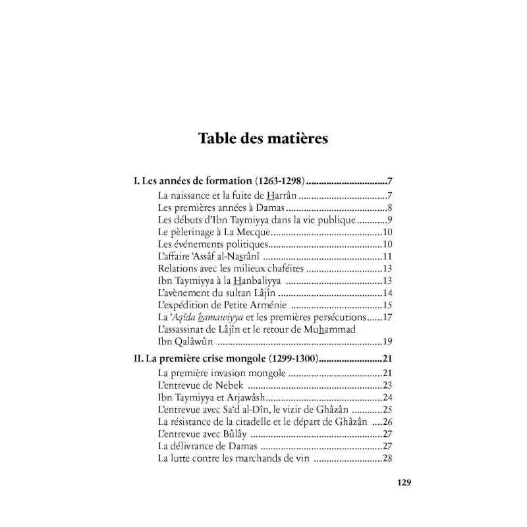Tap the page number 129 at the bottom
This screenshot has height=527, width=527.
pyautogui.click(x=385, y=482)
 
